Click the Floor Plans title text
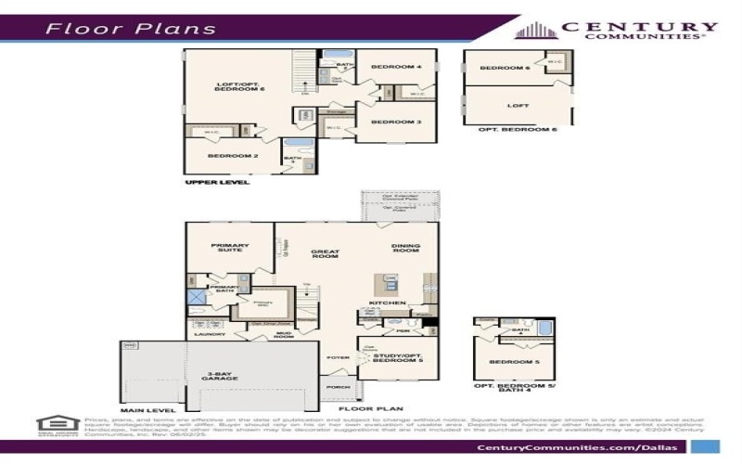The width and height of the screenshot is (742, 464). (131, 28)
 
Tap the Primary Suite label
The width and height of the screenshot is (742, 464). (226, 248)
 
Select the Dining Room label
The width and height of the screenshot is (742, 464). (406, 249)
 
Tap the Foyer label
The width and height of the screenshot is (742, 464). (336, 357)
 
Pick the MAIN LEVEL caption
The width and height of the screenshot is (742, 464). (147, 408)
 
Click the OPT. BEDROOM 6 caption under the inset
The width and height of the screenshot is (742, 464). (517, 129)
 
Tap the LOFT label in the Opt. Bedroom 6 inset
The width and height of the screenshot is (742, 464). (518, 105)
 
